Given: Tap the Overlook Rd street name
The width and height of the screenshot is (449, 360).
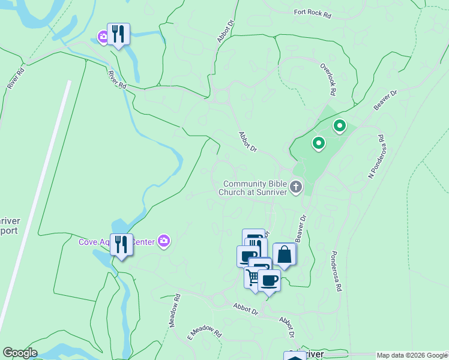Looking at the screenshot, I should [x=327, y=80].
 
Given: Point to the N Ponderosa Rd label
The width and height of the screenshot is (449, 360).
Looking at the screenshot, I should [x=376, y=157].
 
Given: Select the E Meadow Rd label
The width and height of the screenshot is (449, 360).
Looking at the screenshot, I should [x=205, y=333].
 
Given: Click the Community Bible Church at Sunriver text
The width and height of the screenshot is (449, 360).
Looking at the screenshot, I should [x=255, y=188].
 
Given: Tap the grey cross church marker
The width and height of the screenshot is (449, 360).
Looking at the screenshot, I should [x=295, y=188].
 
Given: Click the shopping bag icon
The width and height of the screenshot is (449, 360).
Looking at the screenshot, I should [x=284, y=254].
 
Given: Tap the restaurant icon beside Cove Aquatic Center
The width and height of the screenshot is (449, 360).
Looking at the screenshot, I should [x=122, y=244].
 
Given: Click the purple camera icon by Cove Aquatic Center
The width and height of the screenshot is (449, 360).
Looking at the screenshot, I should [x=164, y=241].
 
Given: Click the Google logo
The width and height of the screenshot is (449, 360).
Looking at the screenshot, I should [x=20, y=353].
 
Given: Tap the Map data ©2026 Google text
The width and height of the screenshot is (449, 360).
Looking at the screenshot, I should [x=412, y=355].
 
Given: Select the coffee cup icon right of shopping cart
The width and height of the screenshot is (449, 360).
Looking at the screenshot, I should [x=269, y=280].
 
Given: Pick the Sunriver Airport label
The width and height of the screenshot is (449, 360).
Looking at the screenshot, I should [x=7, y=225].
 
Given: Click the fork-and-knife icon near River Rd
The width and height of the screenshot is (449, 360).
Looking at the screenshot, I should [x=118, y=34].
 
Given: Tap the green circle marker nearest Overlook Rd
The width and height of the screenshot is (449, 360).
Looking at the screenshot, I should [x=339, y=126].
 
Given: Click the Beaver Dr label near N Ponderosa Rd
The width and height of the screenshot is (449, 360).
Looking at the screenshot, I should [x=385, y=100].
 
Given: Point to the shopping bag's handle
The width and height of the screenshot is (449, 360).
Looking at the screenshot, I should [x=284, y=249].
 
